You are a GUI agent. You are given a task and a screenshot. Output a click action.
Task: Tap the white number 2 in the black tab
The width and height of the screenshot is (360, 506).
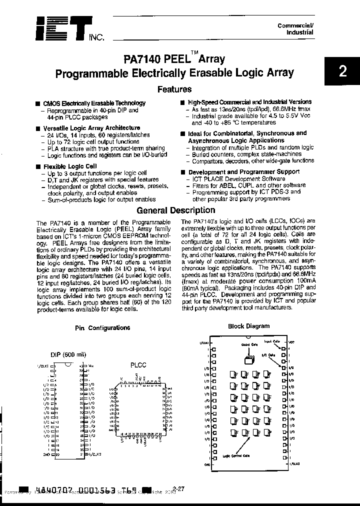(x=342, y=71)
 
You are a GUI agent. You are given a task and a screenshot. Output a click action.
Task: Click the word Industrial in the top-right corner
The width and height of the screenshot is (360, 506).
(x=299, y=32)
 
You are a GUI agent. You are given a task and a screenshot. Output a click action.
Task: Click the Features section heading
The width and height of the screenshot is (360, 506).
(x=174, y=89)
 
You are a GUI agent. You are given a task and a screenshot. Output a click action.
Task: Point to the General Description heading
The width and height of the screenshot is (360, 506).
(x=175, y=210)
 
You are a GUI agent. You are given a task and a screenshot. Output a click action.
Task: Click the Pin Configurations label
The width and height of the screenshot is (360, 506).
(x=102, y=328)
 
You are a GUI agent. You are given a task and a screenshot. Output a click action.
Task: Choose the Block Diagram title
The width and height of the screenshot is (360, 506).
(x=248, y=326)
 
